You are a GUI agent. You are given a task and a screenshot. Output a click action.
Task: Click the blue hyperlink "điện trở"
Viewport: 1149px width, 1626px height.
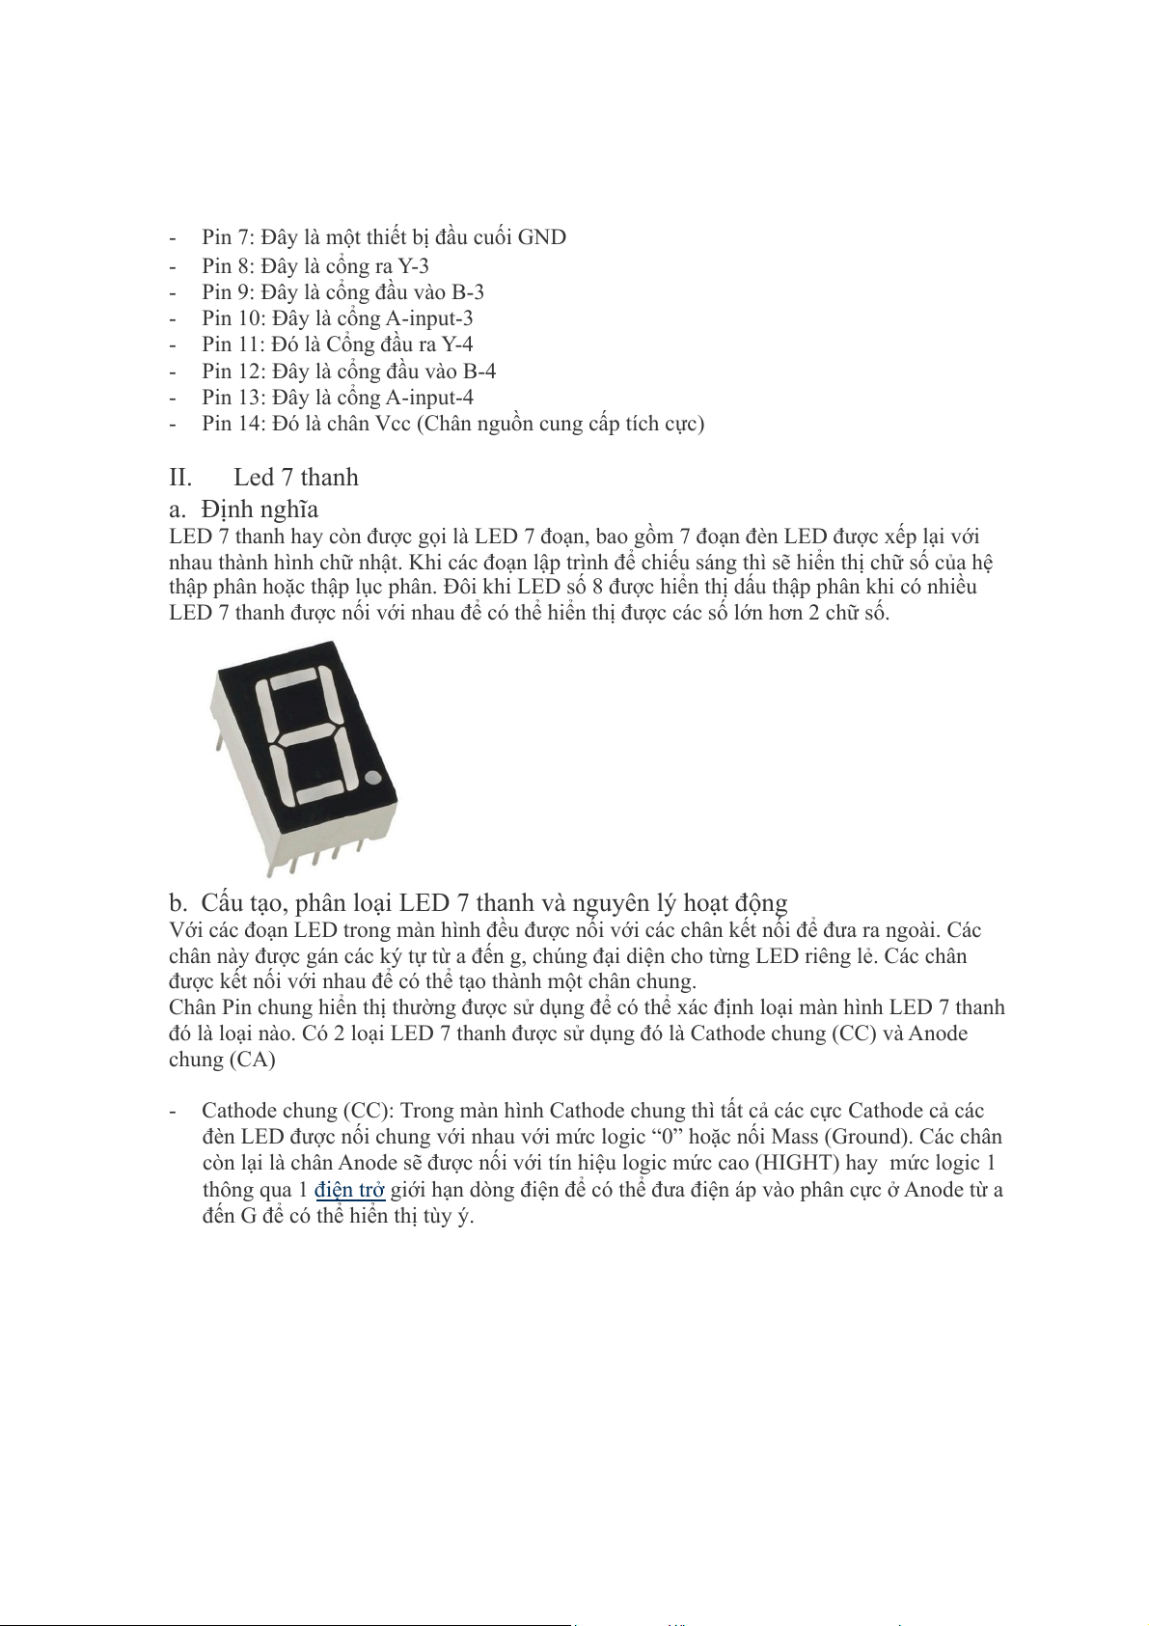coord(349,1190)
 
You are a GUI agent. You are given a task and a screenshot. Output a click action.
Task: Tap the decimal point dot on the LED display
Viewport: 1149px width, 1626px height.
coord(374,778)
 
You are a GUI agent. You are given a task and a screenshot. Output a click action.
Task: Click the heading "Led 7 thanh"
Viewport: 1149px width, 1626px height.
coord(295,478)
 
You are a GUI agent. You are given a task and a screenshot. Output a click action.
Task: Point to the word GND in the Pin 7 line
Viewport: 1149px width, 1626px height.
coord(542,237)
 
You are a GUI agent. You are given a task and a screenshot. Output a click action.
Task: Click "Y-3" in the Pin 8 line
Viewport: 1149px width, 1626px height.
coord(414,266)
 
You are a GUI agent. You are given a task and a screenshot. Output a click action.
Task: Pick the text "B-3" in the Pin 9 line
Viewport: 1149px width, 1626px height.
coord(468,292)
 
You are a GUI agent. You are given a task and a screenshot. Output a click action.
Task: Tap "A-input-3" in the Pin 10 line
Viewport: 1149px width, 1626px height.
coord(429,318)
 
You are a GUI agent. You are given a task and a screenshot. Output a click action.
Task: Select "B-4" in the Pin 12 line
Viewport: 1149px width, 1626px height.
coord(479,372)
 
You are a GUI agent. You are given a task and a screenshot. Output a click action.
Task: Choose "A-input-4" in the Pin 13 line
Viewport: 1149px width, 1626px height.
coord(429,398)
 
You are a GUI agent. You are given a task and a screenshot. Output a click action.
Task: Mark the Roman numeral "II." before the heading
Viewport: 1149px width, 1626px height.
coord(180,478)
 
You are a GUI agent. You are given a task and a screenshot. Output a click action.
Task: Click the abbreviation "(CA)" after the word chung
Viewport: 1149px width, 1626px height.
coord(252,1060)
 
